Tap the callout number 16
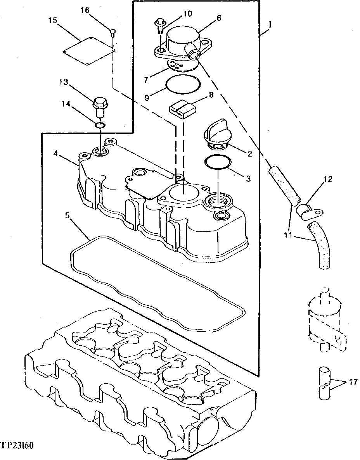[x=85, y=10]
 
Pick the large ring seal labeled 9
[x=183, y=84]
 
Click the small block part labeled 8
[x=183, y=109]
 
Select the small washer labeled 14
[x=100, y=126]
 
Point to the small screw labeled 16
[x=112, y=32]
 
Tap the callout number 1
[x=270, y=24]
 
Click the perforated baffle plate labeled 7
[x=180, y=66]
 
